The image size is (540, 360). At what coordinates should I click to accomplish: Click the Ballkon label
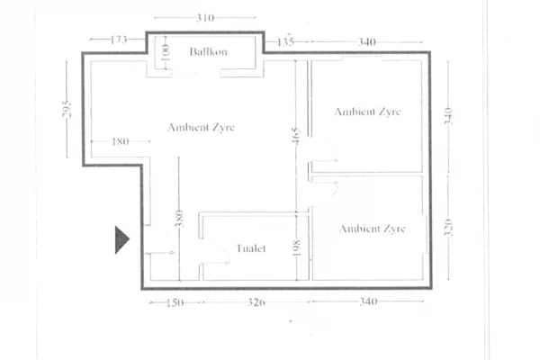[x=208, y=52]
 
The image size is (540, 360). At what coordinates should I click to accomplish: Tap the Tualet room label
[x=251, y=248]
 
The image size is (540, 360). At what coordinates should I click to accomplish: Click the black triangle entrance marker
[x=121, y=240]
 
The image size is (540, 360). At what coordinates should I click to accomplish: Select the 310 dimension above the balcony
[x=205, y=17]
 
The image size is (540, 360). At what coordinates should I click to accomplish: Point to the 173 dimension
[x=118, y=40]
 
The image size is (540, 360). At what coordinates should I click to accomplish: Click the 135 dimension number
[x=286, y=40]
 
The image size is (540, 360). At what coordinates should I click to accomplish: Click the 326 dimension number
[x=256, y=303]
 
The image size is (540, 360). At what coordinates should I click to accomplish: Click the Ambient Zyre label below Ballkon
[x=201, y=128]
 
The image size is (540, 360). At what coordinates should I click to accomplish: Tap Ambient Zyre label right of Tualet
[x=372, y=229]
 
